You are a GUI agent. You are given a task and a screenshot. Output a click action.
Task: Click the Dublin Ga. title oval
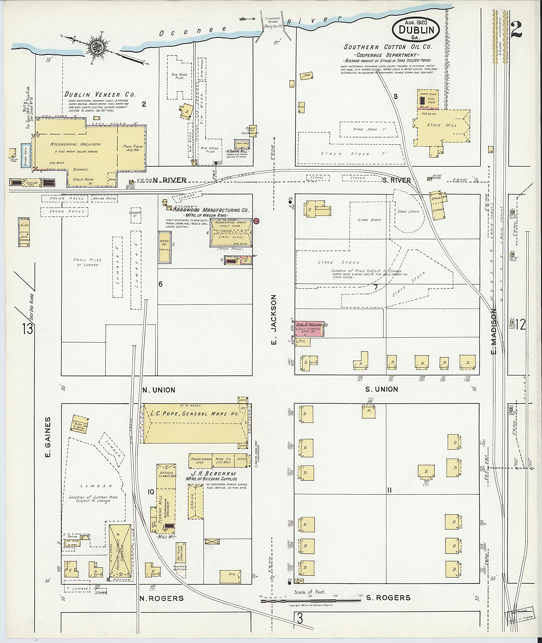point(416,30)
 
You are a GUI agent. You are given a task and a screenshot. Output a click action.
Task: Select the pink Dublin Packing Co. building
point(309,329)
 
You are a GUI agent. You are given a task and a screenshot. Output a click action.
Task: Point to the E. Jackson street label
point(274,320)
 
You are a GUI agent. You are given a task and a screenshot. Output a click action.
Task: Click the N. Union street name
point(159,390)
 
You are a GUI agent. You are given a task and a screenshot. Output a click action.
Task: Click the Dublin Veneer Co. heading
point(100,94)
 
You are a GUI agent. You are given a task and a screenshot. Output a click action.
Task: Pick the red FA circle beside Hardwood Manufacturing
point(256,221)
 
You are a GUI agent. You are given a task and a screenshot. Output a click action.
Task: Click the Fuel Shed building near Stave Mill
point(428,100)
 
